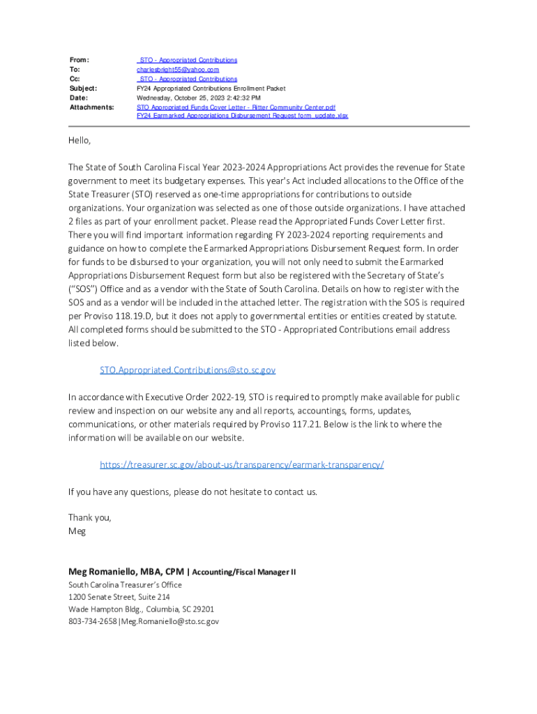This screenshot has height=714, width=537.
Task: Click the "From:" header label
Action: [79, 61]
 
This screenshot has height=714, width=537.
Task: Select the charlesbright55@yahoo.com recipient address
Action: [177, 70]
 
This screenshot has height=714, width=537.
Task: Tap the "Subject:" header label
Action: [83, 89]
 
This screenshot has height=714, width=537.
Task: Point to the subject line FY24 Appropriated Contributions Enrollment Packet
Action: [211, 89]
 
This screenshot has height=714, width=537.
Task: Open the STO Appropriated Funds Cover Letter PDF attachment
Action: [236, 107]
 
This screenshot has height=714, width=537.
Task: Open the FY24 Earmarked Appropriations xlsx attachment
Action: [242, 116]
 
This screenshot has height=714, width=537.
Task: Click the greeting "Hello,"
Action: [80, 141]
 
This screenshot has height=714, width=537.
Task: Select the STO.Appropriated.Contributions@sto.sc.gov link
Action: [188, 370]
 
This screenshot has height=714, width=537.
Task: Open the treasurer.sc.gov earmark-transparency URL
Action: [242, 464]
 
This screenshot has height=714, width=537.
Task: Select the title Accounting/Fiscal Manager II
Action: [244, 572]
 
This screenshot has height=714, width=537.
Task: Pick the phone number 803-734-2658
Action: [92, 621]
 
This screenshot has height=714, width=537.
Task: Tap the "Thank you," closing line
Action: [89, 517]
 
